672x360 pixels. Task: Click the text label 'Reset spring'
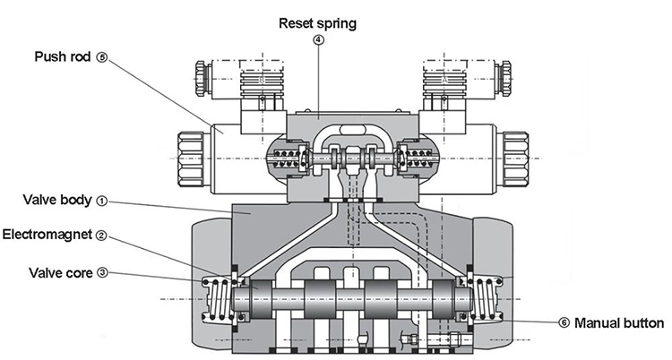[319, 24]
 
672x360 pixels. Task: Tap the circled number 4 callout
[319, 39]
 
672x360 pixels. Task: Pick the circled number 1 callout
[102, 201]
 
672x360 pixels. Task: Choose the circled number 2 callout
[102, 236]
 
